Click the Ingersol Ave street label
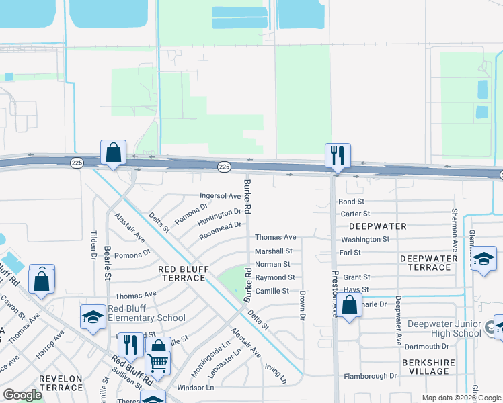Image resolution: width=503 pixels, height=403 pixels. point(220,197)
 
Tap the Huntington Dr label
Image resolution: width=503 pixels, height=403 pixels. point(219,216)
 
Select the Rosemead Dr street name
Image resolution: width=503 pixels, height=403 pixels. point(220,231)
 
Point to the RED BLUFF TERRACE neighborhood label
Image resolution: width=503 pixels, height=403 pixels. point(184,273)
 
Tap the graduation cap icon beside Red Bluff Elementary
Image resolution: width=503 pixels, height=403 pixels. point(93,318)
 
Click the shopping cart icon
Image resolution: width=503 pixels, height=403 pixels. point(157,363)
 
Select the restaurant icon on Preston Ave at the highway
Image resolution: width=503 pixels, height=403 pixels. point(338,155)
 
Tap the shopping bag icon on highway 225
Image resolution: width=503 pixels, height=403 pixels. point(113,152)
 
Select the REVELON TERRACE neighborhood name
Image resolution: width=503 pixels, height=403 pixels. point(61,384)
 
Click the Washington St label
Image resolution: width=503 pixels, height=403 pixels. point(365,240)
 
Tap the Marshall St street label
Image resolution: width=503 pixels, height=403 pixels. point(272,251)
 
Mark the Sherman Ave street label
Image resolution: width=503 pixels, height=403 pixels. point(455,221)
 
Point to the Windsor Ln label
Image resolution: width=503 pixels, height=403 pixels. point(195,388)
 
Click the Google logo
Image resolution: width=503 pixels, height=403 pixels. point(22,395)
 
